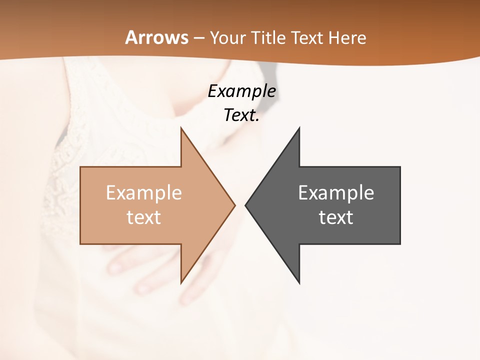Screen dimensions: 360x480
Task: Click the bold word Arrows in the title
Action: [156, 37]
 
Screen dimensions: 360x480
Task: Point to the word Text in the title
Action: [309, 38]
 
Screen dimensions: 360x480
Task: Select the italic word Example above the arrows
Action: [242, 91]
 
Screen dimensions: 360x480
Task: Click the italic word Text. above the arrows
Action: [242, 115]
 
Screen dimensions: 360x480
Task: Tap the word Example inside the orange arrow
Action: [144, 193]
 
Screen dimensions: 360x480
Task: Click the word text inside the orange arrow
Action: [144, 217]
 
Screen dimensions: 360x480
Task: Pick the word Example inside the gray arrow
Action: [336, 193]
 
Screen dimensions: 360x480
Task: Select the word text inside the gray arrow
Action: [336, 217]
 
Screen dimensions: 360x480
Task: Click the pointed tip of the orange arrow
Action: [234, 205]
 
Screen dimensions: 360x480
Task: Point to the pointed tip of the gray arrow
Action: [246, 205]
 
